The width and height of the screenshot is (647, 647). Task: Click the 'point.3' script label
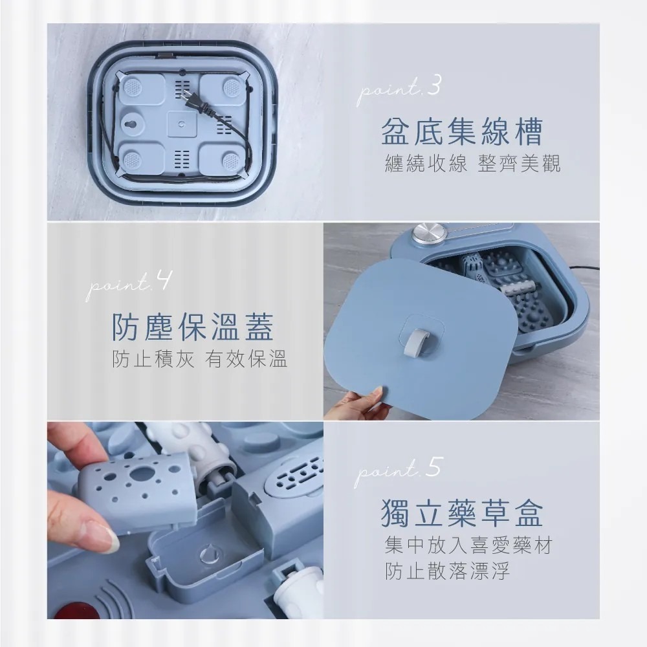pos(399,90)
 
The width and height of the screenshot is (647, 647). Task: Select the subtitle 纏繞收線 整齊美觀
pos(472,164)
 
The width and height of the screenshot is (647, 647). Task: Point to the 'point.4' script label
pos(128,286)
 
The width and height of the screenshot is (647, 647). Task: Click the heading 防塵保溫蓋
pos(192,326)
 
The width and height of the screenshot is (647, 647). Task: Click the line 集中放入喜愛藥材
pos(468,545)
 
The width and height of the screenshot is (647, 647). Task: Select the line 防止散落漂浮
pos(447,572)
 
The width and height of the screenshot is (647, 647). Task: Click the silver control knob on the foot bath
pos(425,234)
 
